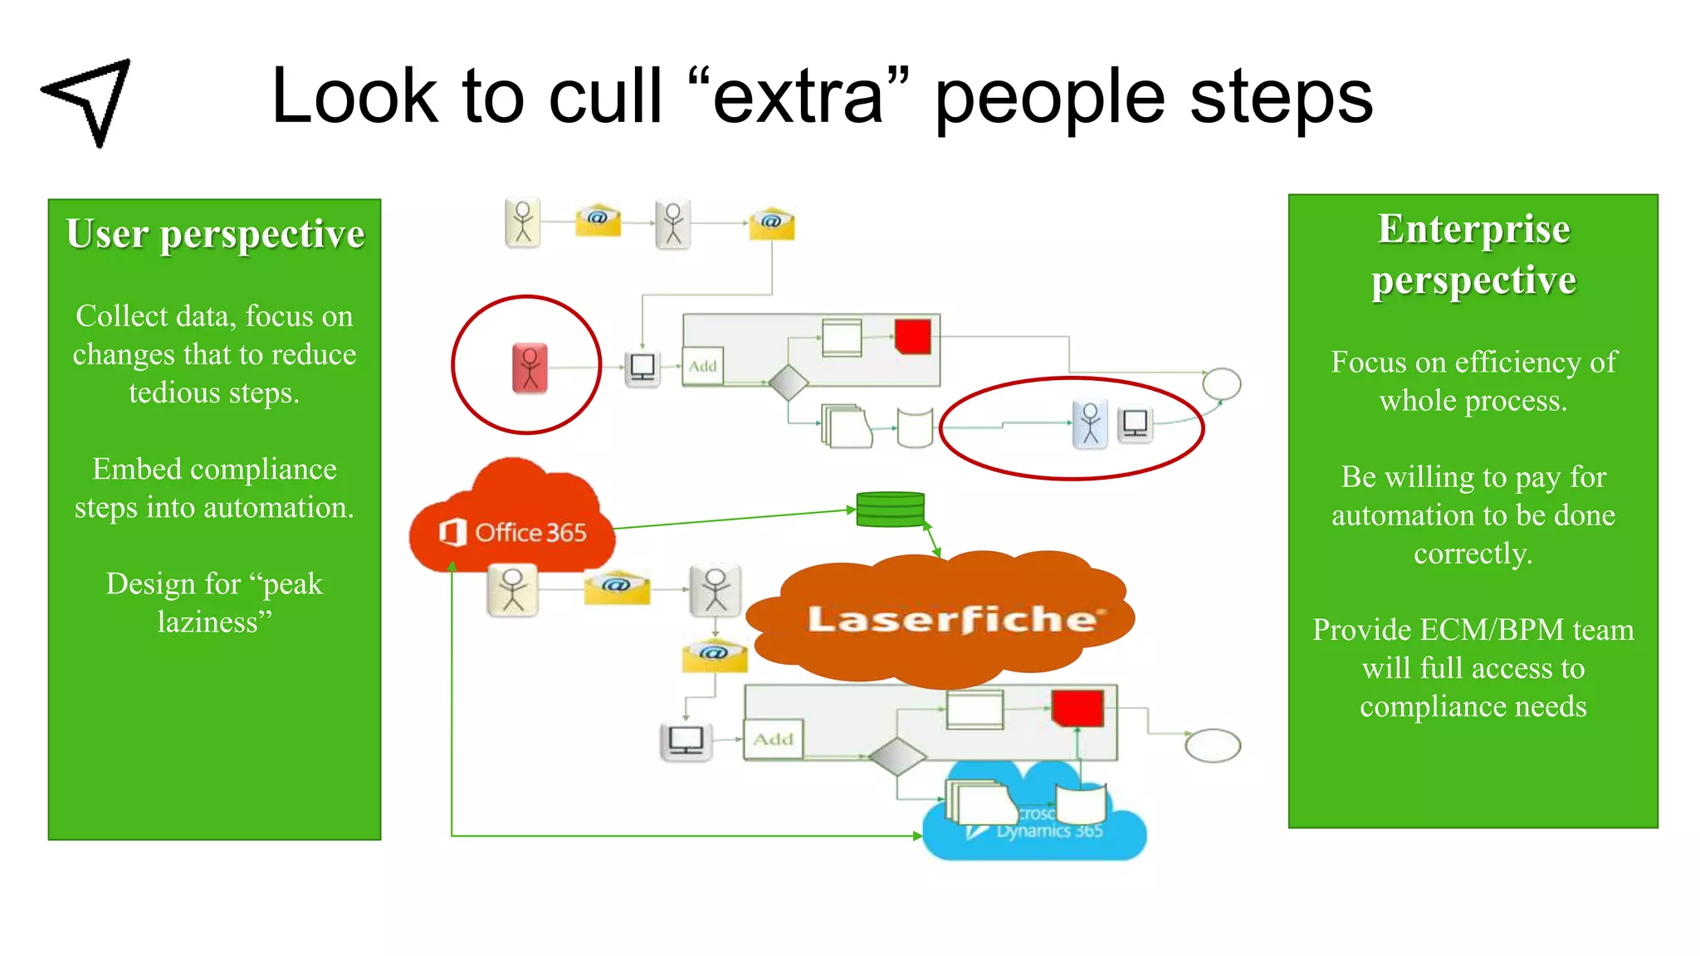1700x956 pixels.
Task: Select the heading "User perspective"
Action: point(215,234)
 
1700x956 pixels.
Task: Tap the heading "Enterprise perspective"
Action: point(1473,254)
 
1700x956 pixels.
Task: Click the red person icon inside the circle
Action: point(530,367)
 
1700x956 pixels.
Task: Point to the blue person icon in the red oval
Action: point(1090,423)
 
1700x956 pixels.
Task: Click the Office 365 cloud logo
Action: point(513,531)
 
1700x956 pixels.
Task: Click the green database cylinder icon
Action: point(890,509)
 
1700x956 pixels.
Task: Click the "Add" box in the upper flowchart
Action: point(702,366)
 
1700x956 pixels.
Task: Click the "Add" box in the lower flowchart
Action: point(773,739)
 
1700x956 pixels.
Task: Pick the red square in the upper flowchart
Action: point(912,337)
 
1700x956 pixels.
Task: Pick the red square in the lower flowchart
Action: point(1077,708)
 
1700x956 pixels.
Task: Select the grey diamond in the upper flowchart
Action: point(788,383)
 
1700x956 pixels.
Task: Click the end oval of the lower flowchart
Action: point(1213,744)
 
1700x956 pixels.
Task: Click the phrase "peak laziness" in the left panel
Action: point(215,602)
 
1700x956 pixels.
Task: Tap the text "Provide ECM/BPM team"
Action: point(1473,630)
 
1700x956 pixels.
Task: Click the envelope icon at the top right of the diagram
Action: point(771,223)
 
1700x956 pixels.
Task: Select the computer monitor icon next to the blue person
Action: point(1135,424)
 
